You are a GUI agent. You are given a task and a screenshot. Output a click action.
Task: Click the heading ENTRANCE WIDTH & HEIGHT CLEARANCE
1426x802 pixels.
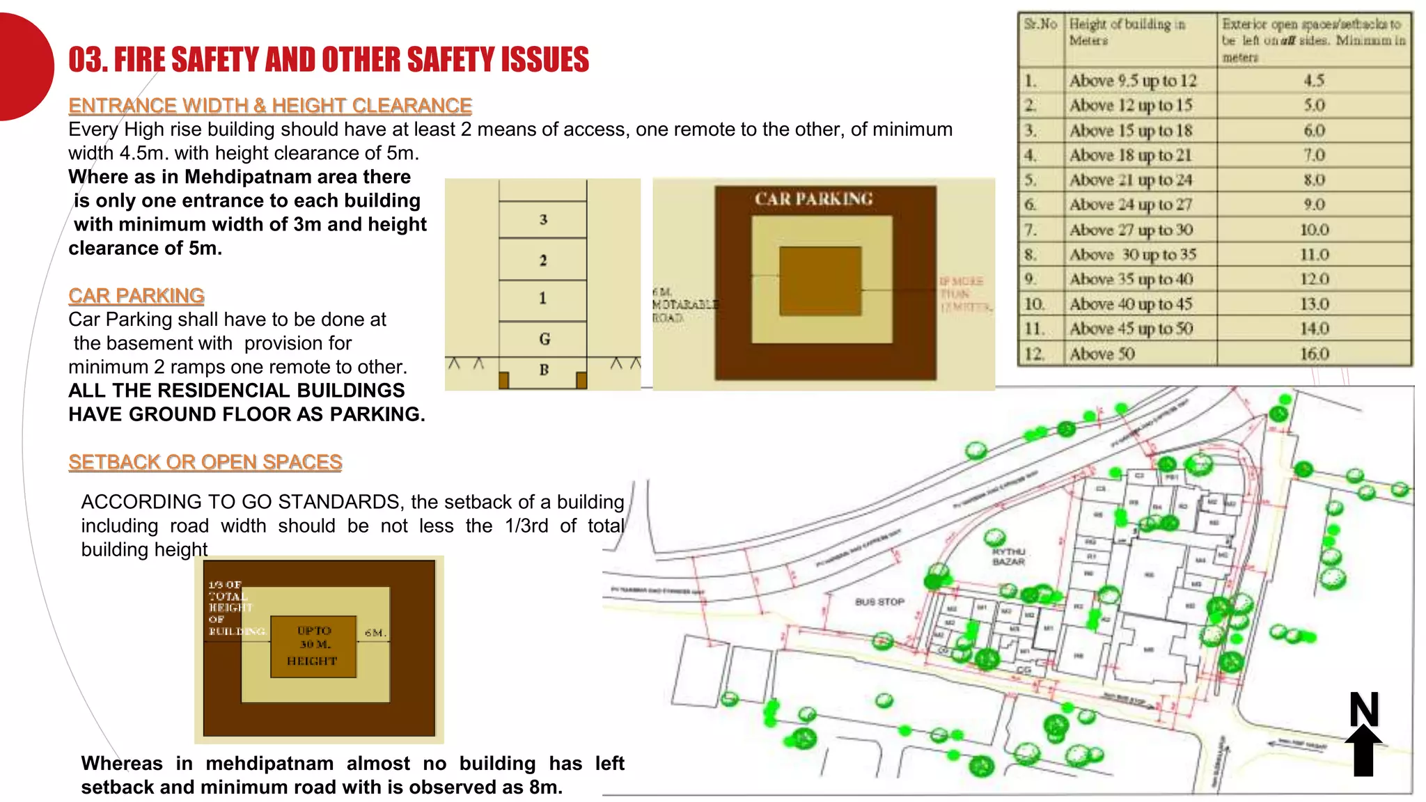click(x=270, y=106)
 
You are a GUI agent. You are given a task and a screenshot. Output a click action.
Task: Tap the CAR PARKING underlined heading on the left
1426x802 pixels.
click(x=136, y=296)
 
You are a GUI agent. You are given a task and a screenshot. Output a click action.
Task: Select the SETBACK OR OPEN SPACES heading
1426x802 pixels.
click(x=205, y=462)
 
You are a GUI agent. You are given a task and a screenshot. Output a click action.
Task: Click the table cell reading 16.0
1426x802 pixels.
click(x=1314, y=354)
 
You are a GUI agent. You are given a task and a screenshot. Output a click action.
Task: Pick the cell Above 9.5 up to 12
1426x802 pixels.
click(x=1132, y=81)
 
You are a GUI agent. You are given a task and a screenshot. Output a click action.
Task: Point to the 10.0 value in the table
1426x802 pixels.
click(x=1314, y=230)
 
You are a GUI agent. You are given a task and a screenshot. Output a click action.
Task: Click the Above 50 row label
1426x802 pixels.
click(x=1102, y=354)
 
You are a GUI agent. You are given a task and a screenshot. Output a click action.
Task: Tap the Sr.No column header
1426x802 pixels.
click(x=1040, y=24)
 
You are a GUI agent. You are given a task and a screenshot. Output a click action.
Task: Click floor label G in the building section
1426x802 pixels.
click(x=544, y=339)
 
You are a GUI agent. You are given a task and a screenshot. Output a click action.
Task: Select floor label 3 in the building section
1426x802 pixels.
click(x=543, y=220)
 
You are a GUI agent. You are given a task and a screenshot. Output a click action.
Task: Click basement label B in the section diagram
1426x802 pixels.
click(x=544, y=370)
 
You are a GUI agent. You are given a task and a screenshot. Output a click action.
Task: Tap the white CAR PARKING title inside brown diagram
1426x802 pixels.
click(x=813, y=199)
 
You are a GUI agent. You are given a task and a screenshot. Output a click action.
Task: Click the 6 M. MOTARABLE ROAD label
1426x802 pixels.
click(x=682, y=305)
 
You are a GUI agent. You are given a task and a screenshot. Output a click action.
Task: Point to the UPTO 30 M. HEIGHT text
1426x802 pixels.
click(x=313, y=645)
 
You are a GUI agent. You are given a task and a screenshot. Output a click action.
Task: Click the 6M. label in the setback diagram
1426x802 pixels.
click(x=375, y=633)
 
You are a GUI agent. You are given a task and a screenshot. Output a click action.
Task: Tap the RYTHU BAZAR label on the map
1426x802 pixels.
click(x=1008, y=556)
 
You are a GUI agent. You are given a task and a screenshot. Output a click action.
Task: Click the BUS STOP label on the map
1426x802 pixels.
click(x=879, y=601)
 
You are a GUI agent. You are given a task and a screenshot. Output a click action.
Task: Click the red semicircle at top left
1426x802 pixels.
click(x=24, y=67)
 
